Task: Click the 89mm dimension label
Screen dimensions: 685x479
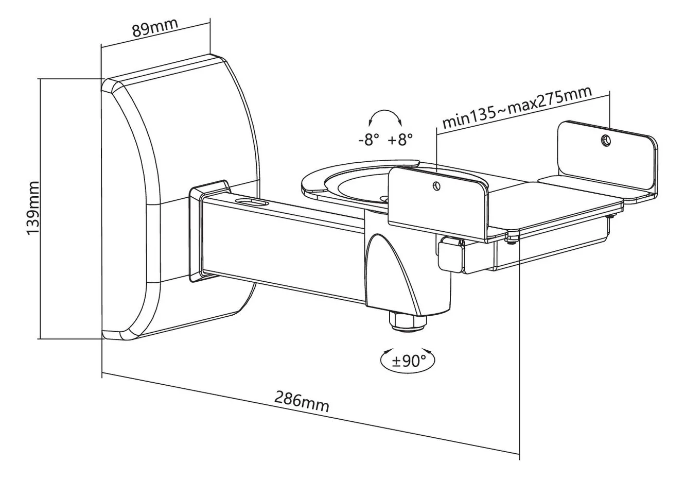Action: click(155, 27)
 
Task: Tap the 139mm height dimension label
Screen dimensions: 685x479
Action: click(33, 208)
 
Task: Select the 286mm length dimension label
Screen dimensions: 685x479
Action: click(302, 402)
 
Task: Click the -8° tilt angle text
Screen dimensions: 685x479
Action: click(369, 141)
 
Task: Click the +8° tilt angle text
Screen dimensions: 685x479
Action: click(400, 140)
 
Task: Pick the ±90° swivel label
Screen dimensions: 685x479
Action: click(409, 361)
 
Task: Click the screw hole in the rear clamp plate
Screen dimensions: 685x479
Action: click(606, 141)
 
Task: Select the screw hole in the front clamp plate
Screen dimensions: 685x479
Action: click(436, 185)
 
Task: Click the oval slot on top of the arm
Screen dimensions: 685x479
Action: click(251, 202)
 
